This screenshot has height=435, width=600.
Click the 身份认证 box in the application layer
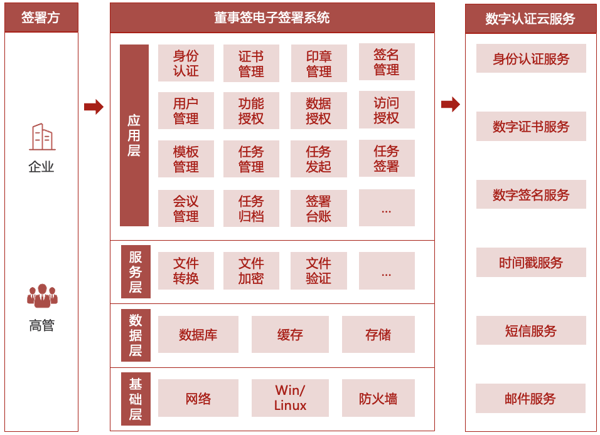[186, 63]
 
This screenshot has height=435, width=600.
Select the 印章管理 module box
[319, 63]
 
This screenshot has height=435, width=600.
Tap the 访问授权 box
[387, 110]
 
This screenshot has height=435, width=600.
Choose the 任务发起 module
[319, 159]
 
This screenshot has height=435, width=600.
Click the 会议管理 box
[186, 208]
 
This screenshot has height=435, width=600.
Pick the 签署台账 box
[319, 208]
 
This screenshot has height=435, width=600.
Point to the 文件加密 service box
[251, 271]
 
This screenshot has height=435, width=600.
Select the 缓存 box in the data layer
[290, 334]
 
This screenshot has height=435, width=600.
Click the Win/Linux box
[290, 398]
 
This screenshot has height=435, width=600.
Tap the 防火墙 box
[378, 398]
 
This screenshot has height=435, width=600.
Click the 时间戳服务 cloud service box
[531, 263]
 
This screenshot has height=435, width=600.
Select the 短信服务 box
[531, 330]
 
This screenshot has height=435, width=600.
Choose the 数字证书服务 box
[531, 127]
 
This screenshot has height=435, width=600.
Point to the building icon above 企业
[41, 137]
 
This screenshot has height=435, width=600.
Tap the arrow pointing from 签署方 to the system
[94, 107]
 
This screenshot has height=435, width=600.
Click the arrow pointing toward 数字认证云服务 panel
[450, 104]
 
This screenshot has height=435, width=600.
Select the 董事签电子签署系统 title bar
[272, 18]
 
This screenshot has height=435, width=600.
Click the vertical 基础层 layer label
[136, 399]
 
